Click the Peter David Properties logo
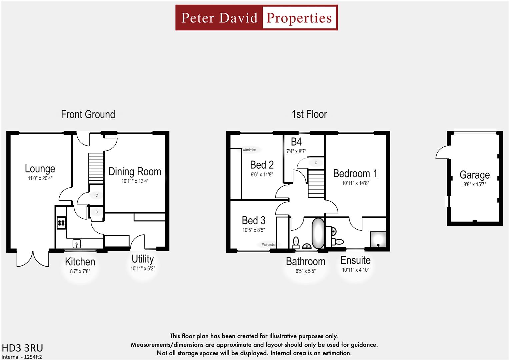click(256, 18)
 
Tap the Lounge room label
click(40, 169)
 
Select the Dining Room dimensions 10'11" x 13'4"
click(135, 181)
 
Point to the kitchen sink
click(77, 244)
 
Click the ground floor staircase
click(96, 168)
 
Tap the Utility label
click(143, 259)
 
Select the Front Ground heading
click(88, 115)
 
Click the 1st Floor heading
click(309, 114)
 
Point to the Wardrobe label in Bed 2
click(249, 150)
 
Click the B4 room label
click(296, 142)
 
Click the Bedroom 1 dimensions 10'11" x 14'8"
click(355, 183)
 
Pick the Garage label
click(475, 175)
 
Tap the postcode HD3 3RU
click(22, 348)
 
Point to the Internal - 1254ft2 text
click(22, 357)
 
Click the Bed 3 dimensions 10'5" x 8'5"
click(254, 230)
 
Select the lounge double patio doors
click(33, 259)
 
